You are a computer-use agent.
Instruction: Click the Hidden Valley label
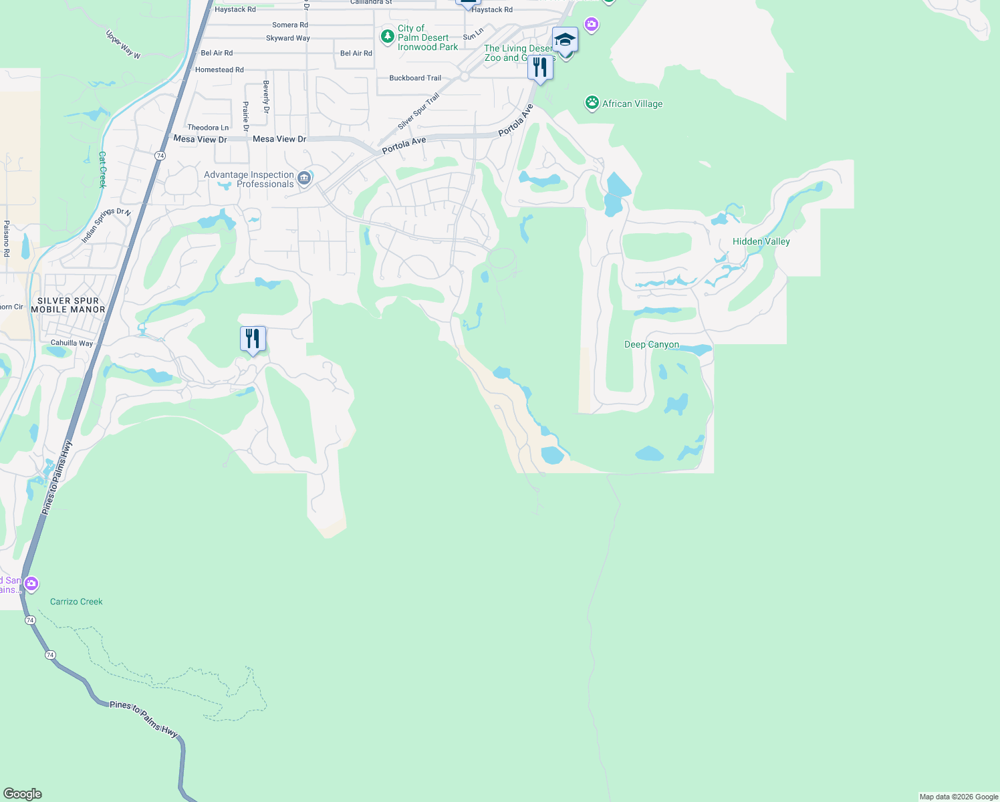pos(761,241)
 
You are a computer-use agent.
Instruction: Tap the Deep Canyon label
pos(651,344)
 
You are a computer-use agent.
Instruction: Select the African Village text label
pos(632,104)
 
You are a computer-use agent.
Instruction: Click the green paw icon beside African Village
pos(592,103)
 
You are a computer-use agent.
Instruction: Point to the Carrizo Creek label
pos(76,601)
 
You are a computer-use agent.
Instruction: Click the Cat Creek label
pos(102,169)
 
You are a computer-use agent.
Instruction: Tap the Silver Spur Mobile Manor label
pos(68,305)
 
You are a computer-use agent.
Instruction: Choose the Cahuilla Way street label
pos(72,343)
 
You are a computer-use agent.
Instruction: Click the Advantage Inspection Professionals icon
pos(304,178)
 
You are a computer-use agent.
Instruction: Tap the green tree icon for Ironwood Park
pos(387,36)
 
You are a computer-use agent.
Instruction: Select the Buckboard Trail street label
pos(415,78)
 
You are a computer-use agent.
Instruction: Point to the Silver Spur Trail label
pos(418,112)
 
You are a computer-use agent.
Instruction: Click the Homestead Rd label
pos(219,70)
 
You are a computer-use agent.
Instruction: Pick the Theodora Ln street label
pos(208,128)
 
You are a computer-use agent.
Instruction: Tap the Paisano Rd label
pos(7,239)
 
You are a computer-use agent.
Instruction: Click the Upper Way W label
pos(123,44)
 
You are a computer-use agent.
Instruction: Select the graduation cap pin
pos(565,40)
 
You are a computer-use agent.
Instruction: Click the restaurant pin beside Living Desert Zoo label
pos(540,68)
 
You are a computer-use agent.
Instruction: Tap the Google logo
pos(23,793)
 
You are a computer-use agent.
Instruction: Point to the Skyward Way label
pos(288,38)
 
